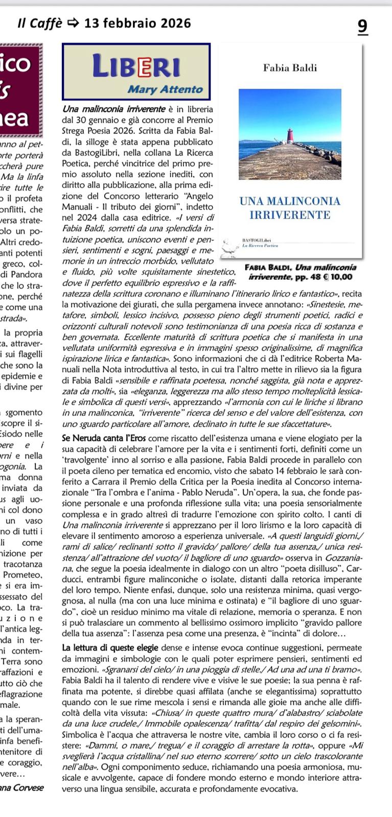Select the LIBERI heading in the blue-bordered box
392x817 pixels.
point(136,67)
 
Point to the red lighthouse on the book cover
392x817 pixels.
point(290,136)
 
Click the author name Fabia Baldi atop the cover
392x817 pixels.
point(290,68)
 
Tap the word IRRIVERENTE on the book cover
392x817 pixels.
point(290,215)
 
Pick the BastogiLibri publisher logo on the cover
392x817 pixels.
point(260,242)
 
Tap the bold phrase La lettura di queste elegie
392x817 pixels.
point(111,648)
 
